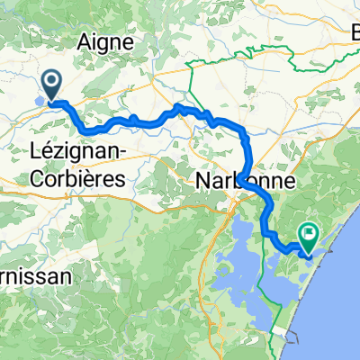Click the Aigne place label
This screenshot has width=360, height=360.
click(106, 42)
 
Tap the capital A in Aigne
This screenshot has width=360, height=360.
click(86, 42)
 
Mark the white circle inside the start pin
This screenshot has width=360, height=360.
click(53, 84)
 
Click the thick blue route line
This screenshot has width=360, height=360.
click(144, 121)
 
